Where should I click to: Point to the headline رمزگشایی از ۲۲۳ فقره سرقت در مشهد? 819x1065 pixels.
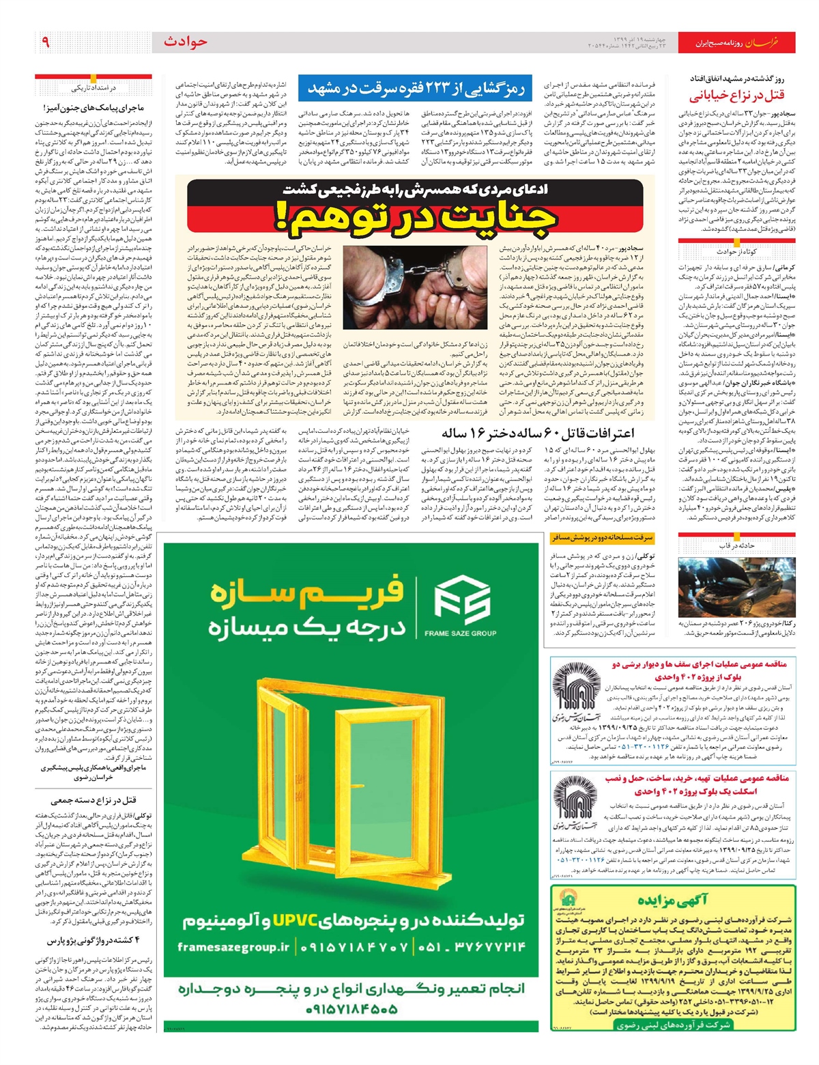point(416,87)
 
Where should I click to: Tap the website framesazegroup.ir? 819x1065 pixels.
point(233,947)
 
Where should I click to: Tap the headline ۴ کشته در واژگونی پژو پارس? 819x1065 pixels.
point(94,941)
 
